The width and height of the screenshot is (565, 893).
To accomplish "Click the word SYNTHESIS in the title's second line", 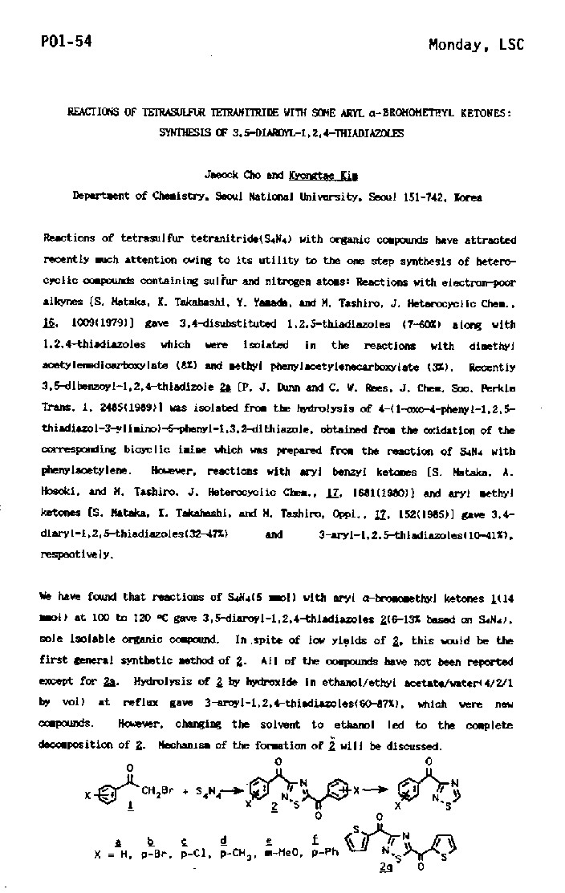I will coord(212,133).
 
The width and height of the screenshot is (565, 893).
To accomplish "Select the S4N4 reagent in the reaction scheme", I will coord(205,791).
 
